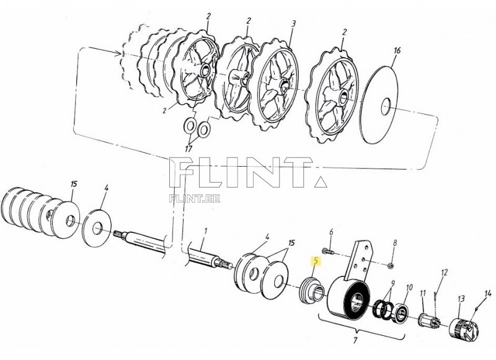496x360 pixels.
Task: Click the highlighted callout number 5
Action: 316,261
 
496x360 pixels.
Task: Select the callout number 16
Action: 397,50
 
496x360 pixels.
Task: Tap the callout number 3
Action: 293,24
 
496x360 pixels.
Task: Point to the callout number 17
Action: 188,148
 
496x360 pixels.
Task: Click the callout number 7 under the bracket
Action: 355,340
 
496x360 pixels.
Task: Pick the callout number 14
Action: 488,293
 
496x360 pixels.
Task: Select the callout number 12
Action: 445,272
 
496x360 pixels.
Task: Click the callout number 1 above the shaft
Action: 205,231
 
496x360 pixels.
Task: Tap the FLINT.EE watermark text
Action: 195,199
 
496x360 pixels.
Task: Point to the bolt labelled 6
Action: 328,252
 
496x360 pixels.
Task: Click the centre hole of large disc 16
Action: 386,107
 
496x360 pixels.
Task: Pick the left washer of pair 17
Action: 190,126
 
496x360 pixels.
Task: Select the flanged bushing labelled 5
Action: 311,289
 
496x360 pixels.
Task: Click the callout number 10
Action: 409,288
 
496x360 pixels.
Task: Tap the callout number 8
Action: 394,243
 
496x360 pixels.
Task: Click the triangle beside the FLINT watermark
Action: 321,182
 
